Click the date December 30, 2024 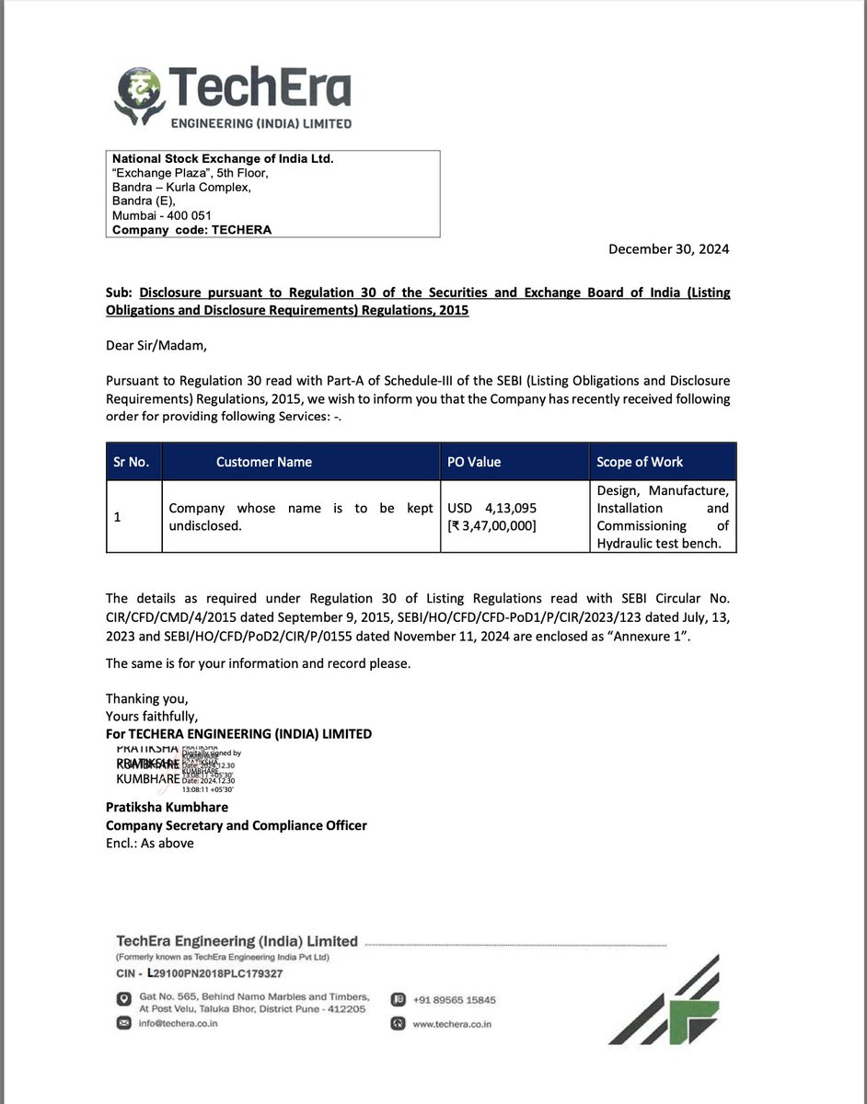pos(669,249)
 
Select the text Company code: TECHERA pos(191,230)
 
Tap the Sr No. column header pos(132,462)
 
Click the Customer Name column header pos(264,462)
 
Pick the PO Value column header pos(474,462)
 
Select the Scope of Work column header pos(640,462)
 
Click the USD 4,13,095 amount pos(492,508)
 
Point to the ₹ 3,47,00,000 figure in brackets pos(492,525)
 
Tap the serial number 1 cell pos(118,517)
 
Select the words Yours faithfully pos(152,716)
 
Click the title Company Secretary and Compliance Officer pos(237,825)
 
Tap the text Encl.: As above pos(150,843)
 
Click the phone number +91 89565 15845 pos(454,999)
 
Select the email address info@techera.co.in pos(178,1023)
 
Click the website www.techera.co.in pos(452,1023)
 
